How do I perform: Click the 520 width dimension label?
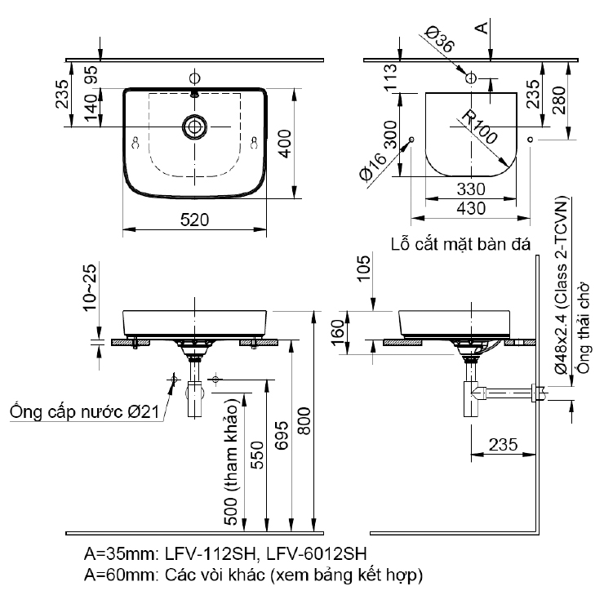(x=195, y=219)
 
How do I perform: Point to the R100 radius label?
(x=477, y=127)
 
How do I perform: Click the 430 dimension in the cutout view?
(x=471, y=208)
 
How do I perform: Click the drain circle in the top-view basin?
(x=194, y=127)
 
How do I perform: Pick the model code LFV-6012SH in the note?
(x=323, y=554)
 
